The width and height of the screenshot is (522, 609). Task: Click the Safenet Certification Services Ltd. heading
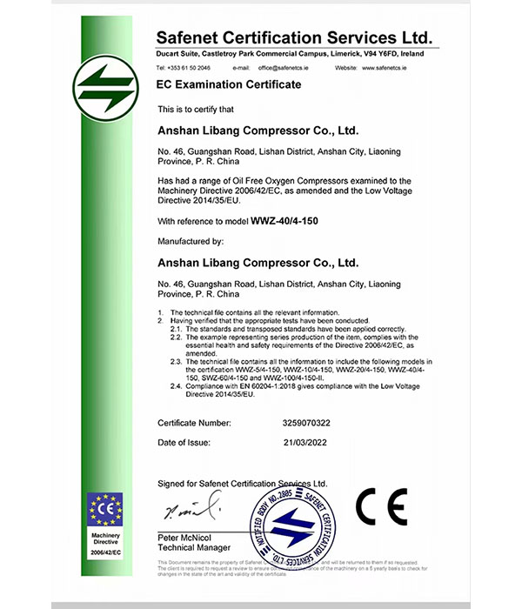click(294, 38)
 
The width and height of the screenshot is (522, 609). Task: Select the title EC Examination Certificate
click(228, 84)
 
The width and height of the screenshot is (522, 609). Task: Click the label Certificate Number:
click(194, 422)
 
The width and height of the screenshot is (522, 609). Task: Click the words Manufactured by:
click(191, 240)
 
